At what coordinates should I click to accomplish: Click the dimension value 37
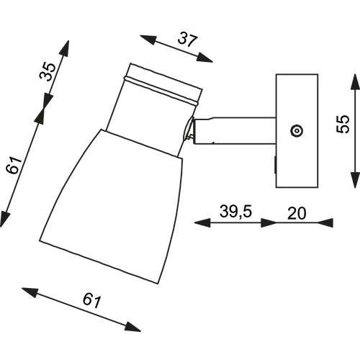point(188,40)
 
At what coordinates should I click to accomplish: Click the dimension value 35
point(48,71)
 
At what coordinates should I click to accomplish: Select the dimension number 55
point(343,124)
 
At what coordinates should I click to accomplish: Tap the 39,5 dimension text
point(235,212)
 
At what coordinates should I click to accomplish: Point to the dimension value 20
point(297,213)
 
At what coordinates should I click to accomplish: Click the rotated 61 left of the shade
point(14,166)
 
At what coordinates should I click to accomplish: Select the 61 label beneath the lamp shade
point(91,300)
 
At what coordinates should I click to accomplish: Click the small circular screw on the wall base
point(297,131)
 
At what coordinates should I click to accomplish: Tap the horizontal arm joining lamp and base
point(234,131)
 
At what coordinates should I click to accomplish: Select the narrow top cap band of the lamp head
point(165,81)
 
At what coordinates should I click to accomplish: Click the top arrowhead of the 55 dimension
point(355,82)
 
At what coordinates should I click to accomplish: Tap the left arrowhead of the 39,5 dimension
point(202,222)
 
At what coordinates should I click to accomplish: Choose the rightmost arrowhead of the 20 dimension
point(325,222)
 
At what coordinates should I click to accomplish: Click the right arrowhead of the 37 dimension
point(204,58)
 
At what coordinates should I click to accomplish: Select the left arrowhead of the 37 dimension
point(148,40)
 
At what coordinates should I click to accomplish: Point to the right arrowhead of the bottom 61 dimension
point(132,327)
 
